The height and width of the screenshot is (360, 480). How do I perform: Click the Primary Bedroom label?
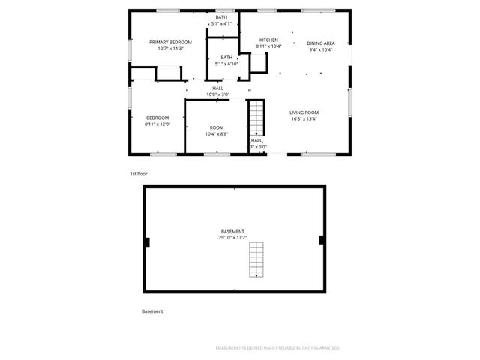[170, 42]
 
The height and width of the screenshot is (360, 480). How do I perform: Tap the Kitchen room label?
[268, 40]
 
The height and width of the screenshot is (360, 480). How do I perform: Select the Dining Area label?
[321, 43]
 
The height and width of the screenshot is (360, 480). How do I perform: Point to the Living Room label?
[304, 112]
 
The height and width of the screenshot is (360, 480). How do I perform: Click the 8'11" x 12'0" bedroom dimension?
[157, 124]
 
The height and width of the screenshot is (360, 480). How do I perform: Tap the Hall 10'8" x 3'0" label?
[217, 88]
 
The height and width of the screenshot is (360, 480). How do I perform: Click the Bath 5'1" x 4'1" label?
[221, 16]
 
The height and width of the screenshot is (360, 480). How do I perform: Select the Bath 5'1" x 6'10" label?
[226, 58]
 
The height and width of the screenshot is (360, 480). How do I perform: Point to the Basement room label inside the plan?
[232, 231]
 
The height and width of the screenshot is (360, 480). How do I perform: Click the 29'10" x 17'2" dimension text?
[232, 238]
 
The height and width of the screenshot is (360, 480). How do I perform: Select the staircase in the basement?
[257, 260]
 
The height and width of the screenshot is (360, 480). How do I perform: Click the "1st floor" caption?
[139, 174]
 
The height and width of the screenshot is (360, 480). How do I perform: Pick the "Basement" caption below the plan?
[152, 310]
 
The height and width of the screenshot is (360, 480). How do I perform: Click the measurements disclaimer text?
[278, 348]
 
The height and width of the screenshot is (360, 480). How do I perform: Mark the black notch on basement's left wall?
[148, 241]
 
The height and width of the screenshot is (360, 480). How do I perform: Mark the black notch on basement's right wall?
[322, 240]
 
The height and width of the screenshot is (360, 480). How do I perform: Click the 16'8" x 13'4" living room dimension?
[304, 118]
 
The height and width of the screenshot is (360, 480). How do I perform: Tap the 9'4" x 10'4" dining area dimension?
[321, 50]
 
